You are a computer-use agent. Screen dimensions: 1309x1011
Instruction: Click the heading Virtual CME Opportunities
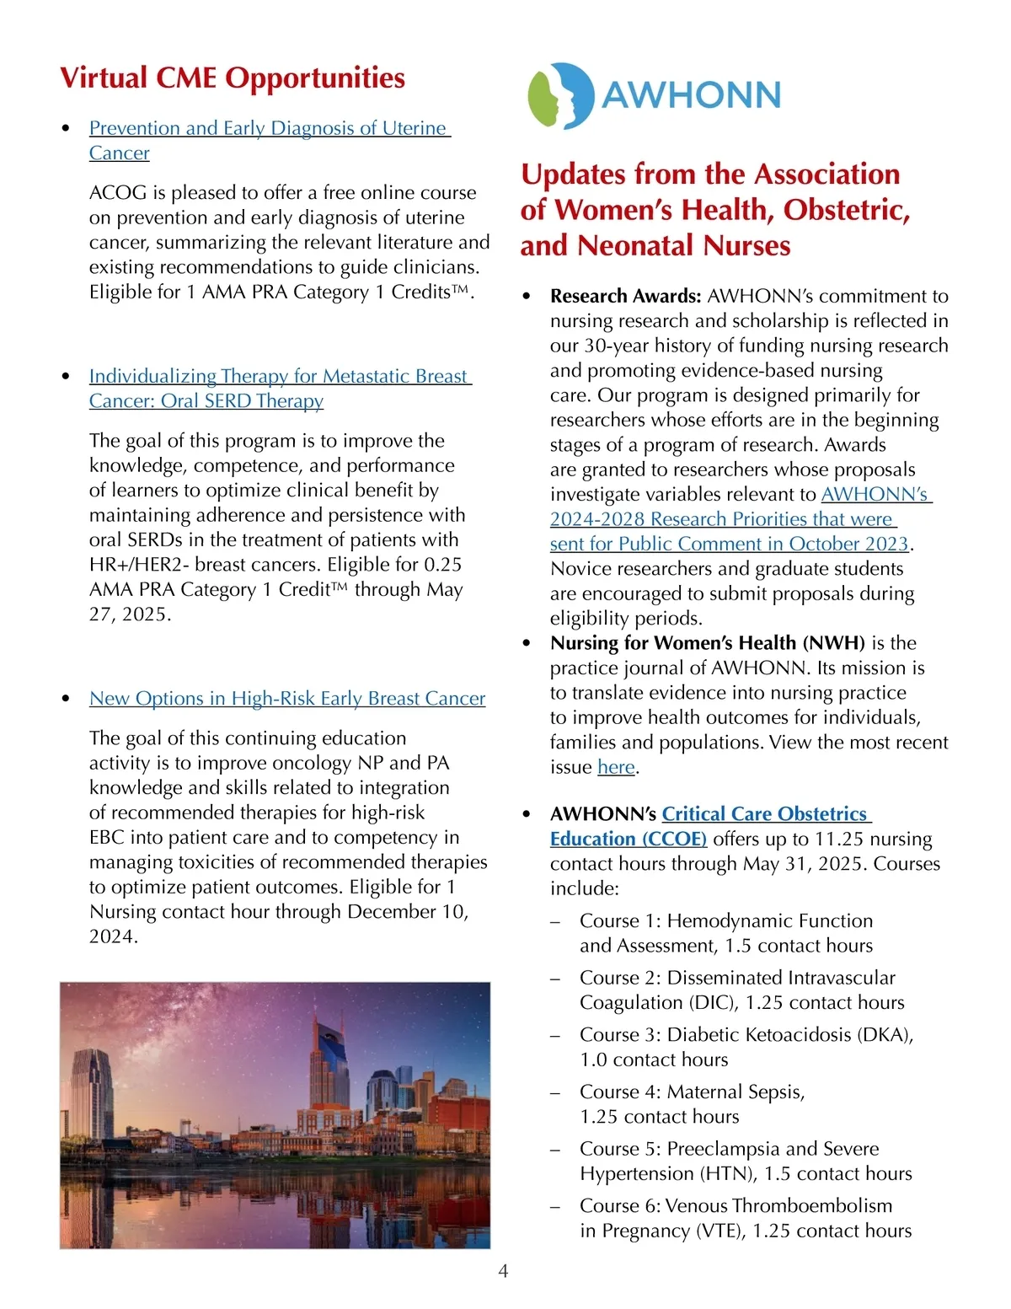click(233, 78)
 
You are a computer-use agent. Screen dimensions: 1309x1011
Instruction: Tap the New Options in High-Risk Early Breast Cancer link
click(287, 699)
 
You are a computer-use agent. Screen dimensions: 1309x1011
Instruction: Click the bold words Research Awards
click(625, 297)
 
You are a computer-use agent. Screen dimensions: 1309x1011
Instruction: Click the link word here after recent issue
click(616, 768)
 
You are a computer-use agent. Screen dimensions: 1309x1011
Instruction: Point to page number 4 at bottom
click(504, 1271)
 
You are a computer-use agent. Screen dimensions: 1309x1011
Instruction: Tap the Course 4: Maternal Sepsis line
click(692, 1092)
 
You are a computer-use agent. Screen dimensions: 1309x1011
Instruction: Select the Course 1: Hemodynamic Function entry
click(725, 921)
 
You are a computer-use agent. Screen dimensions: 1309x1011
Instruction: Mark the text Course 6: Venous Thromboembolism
click(736, 1206)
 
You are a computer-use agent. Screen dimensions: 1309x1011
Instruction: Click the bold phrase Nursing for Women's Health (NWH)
click(707, 643)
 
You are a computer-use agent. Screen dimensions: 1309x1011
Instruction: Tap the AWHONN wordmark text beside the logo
click(692, 94)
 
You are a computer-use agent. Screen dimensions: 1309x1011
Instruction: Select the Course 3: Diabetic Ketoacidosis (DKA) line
click(746, 1035)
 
